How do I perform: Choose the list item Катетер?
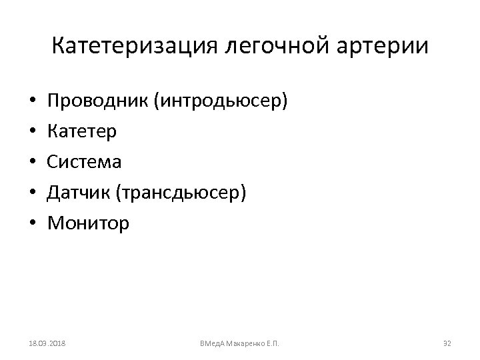82,132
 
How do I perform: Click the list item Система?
85,162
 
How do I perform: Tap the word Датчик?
79,193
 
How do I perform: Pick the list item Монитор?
89,223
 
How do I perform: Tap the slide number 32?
447,343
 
